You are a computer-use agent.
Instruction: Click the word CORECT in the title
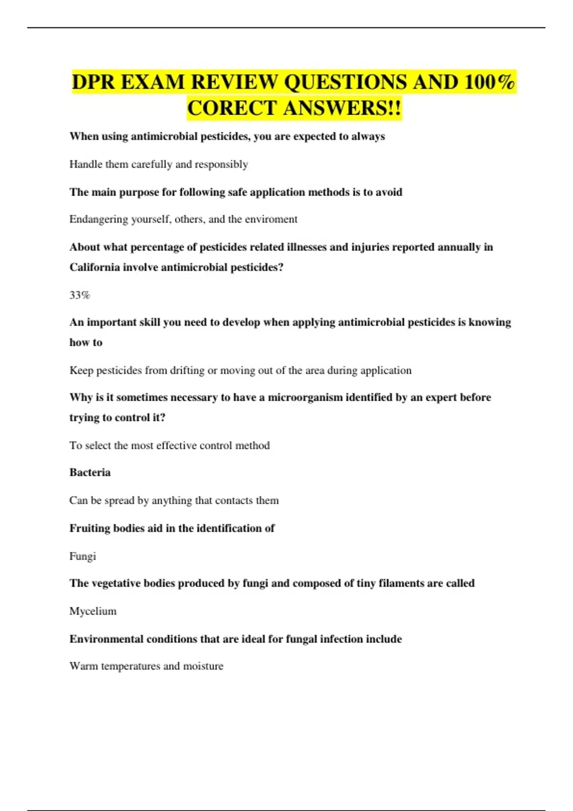coord(232,108)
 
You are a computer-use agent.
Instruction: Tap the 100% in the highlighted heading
coord(489,82)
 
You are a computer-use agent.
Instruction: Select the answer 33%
coord(80,295)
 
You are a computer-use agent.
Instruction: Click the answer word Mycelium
coord(93,611)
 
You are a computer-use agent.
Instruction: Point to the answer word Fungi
coord(83,556)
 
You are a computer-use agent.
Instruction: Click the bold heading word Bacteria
coord(90,473)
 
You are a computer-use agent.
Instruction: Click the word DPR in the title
coord(94,82)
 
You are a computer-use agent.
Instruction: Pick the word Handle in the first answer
coord(85,165)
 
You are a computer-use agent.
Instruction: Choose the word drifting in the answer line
coord(187,371)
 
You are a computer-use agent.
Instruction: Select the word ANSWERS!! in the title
coord(343,108)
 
